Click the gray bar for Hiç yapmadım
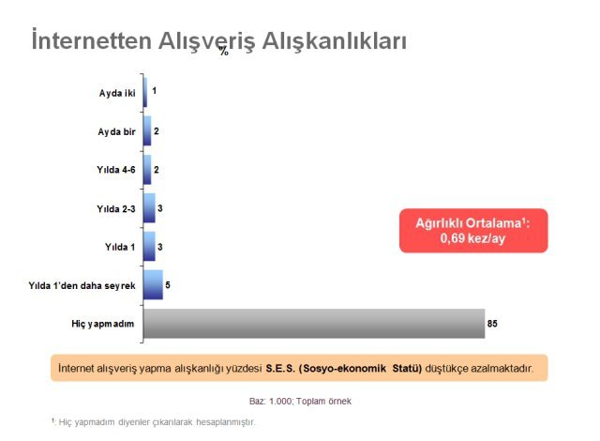tap(314, 324)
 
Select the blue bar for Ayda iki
tap(145, 92)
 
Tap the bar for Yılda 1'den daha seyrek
tap(153, 285)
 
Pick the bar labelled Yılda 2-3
tap(149, 208)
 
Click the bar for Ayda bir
tap(147, 131)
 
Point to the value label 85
tap(492, 324)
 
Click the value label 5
tap(168, 285)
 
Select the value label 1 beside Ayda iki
tap(154, 91)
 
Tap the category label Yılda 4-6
tap(116, 170)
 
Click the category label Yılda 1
tap(120, 247)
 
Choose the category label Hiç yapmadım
tap(103, 324)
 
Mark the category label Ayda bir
tap(116, 131)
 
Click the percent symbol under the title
tap(224, 51)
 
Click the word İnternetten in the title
tap(92, 40)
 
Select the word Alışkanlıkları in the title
tap(334, 41)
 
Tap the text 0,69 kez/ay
tap(472, 238)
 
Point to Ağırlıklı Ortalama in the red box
tap(469, 222)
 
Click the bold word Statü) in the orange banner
tap(407, 368)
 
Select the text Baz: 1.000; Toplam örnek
tap(300, 402)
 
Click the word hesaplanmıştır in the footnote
tap(225, 422)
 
